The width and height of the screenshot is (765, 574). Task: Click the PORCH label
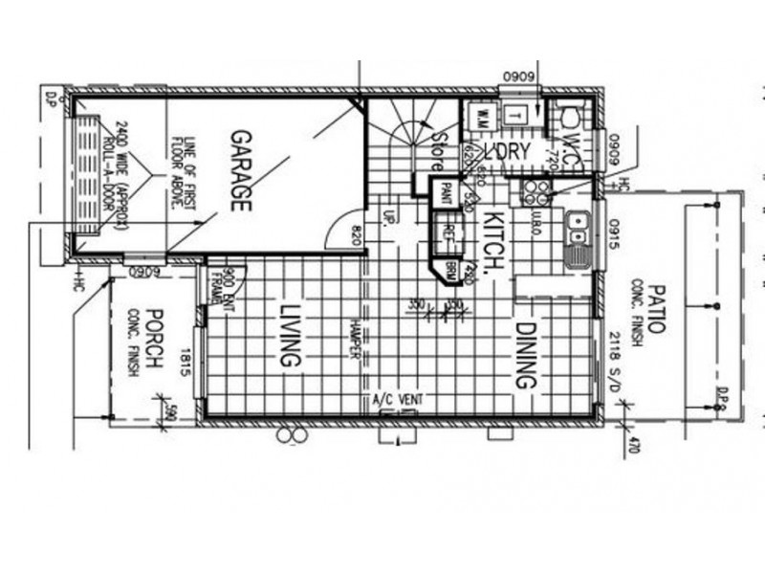(157, 342)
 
